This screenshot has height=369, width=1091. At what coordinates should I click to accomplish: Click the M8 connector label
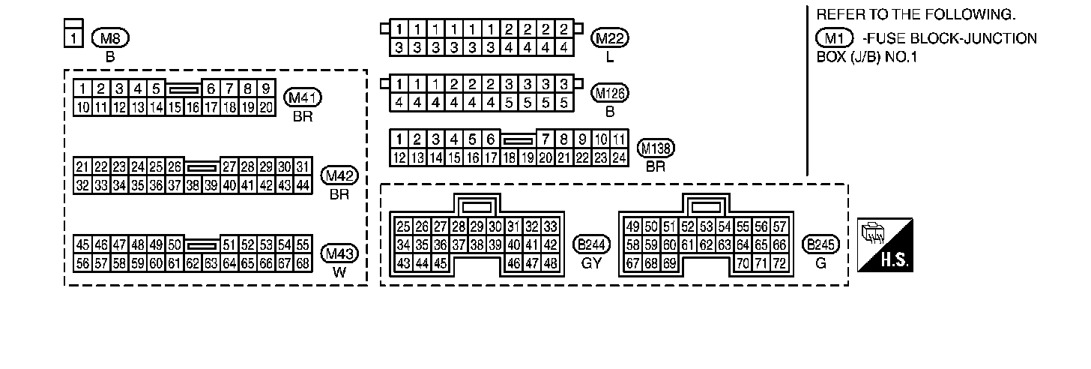(x=105, y=37)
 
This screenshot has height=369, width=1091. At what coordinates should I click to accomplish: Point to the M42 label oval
(x=339, y=176)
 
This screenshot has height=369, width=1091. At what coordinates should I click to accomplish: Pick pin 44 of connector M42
(x=303, y=185)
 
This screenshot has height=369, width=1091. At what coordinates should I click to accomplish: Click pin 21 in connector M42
(x=83, y=166)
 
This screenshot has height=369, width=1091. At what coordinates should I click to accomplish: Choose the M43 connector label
(x=339, y=253)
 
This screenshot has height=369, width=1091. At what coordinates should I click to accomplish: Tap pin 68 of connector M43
(x=303, y=263)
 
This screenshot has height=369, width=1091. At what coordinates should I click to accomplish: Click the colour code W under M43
(x=339, y=271)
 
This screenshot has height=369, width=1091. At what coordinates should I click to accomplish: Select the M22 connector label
(x=610, y=38)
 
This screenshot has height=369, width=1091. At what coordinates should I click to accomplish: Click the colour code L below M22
(x=610, y=57)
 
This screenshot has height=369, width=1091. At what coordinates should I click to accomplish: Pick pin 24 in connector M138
(x=618, y=157)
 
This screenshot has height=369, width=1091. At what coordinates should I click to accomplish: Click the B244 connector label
(x=591, y=244)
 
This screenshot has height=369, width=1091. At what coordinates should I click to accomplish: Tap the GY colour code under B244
(x=591, y=262)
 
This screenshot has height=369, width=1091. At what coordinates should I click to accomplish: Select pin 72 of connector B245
(x=779, y=263)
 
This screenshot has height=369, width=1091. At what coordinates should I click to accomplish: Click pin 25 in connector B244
(x=404, y=226)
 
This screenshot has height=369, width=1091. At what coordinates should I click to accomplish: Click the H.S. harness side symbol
(x=886, y=246)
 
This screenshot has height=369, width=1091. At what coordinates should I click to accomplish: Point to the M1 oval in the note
(x=834, y=38)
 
